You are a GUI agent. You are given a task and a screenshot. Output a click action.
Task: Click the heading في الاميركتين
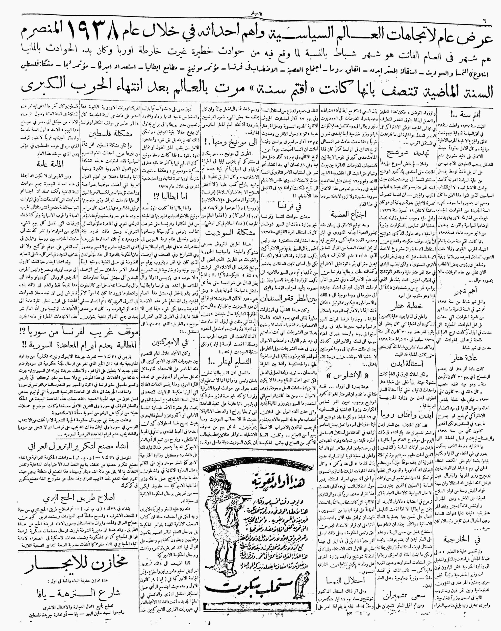(170, 342)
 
